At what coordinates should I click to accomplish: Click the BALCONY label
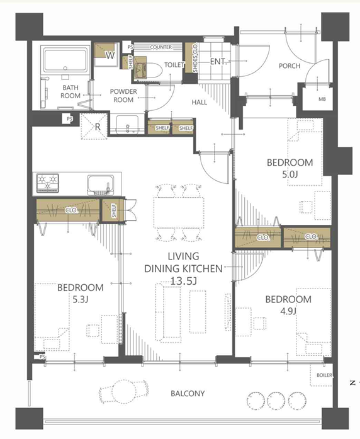click(x=188, y=394)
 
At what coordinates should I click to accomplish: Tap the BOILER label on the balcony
click(x=325, y=375)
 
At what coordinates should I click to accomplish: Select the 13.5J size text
click(x=184, y=280)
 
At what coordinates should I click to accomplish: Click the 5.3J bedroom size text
click(x=81, y=300)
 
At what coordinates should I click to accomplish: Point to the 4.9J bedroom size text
click(x=288, y=311)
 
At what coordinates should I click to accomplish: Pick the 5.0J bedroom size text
click(x=290, y=174)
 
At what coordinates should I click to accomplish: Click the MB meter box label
click(x=322, y=99)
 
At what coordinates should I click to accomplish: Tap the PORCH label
click(x=290, y=66)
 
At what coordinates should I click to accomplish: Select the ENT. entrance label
click(x=218, y=62)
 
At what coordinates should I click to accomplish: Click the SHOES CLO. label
click(x=195, y=58)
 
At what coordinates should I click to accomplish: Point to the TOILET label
click(x=174, y=65)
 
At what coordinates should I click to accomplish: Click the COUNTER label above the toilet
click(x=161, y=47)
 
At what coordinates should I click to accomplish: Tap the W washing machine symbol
click(x=110, y=55)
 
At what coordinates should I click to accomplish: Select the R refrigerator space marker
click(x=98, y=127)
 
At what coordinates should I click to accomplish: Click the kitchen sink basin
click(x=101, y=185)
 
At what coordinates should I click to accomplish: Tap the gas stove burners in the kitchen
click(x=48, y=183)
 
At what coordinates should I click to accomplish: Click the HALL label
click(x=199, y=102)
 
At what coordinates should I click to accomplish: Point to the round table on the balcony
click(x=124, y=391)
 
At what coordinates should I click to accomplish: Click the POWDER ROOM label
click(x=123, y=96)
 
